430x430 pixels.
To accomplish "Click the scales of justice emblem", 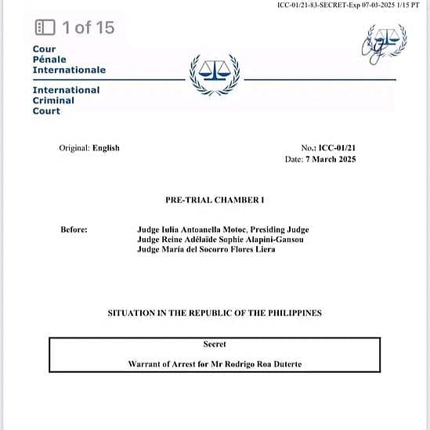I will click(x=215, y=75).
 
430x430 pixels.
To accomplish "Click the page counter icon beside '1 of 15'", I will click(x=45, y=28).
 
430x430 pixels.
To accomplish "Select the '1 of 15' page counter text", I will click(x=88, y=28).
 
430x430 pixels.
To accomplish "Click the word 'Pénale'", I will click(x=49, y=60).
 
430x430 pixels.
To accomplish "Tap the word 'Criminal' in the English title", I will click(x=53, y=100).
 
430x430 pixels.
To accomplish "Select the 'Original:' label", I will click(x=74, y=148).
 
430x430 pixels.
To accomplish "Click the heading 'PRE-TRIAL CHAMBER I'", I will click(x=215, y=201).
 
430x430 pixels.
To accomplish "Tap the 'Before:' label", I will click(x=74, y=229).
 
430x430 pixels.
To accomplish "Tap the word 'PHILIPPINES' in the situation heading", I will click(x=296, y=313).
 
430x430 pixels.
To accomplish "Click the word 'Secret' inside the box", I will click(x=215, y=345).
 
